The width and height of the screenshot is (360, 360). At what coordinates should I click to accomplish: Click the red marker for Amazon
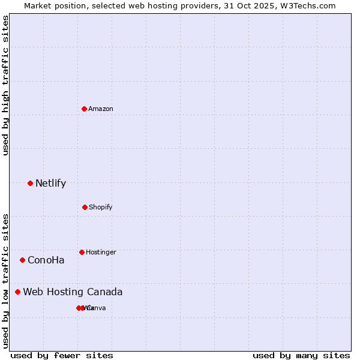(x=84, y=109)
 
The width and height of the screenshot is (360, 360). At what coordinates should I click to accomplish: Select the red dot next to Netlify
(x=30, y=183)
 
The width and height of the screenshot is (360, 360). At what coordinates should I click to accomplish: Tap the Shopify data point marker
(x=85, y=207)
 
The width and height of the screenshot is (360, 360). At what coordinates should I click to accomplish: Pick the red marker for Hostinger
(x=82, y=252)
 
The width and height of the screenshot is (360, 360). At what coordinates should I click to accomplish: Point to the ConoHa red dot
(x=22, y=260)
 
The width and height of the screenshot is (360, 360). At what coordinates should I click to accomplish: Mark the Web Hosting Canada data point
(x=17, y=292)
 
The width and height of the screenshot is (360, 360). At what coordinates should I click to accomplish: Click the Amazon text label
(x=101, y=109)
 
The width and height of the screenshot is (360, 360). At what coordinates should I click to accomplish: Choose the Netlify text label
(x=50, y=183)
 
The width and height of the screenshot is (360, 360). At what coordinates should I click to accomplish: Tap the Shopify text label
(x=101, y=207)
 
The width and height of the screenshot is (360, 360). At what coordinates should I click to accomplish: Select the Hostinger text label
(x=101, y=252)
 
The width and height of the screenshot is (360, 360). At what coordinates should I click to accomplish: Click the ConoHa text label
(x=46, y=260)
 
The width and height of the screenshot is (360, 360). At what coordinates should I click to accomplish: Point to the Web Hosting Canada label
(x=73, y=292)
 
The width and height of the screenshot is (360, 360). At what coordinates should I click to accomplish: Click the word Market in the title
(x=38, y=5)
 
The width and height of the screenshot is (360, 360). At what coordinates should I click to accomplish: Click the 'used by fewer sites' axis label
(x=62, y=355)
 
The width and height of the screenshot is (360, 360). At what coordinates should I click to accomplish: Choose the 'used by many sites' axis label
(x=301, y=355)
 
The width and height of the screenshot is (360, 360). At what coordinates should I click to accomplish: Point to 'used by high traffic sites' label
(x=5, y=85)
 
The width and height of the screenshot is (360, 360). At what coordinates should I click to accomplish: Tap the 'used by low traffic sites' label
(x=5, y=280)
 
